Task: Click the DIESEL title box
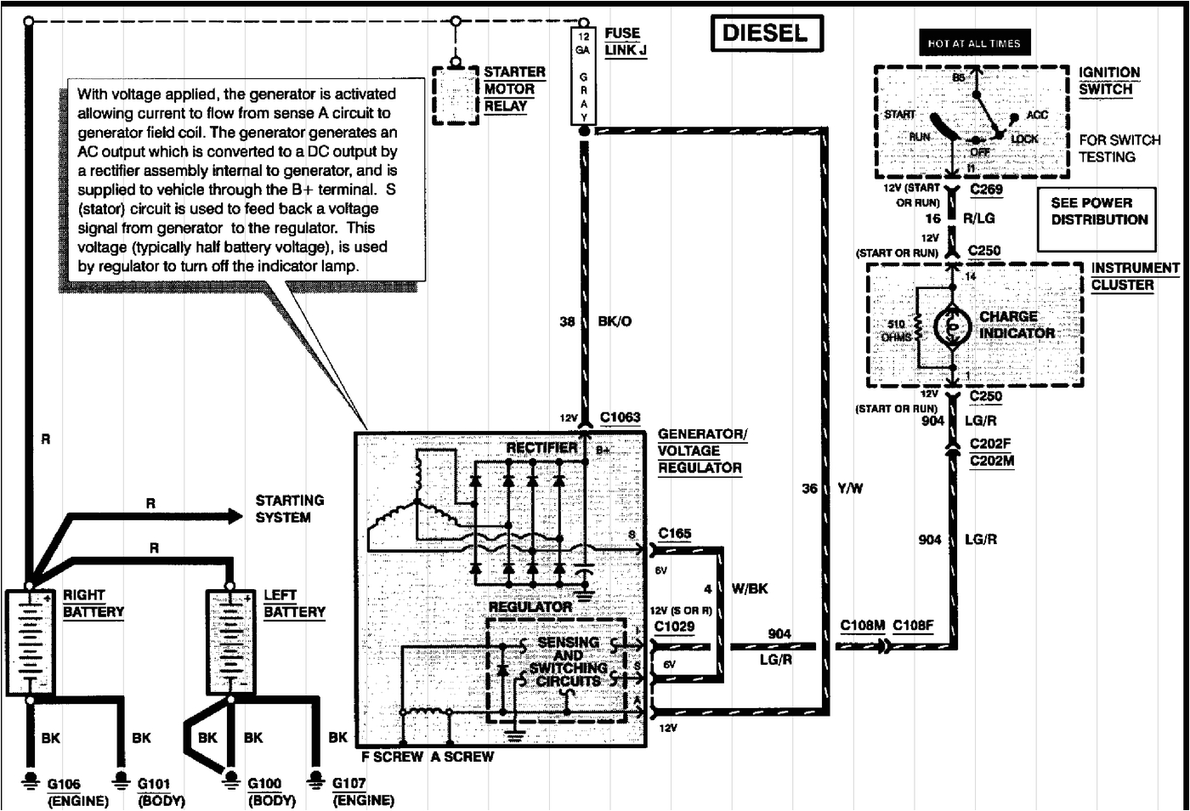(x=765, y=34)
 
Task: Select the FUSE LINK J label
(x=625, y=42)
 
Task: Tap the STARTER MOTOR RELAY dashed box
(x=456, y=95)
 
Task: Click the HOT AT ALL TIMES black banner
(x=973, y=43)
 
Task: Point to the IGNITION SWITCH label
(x=1108, y=81)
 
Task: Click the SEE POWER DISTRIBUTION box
(x=1097, y=212)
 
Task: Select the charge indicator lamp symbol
(x=952, y=327)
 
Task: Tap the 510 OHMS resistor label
(x=897, y=331)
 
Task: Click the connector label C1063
(x=620, y=417)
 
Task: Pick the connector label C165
(x=674, y=534)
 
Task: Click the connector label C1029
(x=674, y=627)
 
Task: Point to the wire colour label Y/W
(x=850, y=489)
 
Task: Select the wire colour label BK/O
(x=615, y=322)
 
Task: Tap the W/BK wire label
(x=749, y=589)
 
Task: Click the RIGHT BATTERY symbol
(x=30, y=642)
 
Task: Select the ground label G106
(x=64, y=784)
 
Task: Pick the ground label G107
(x=348, y=784)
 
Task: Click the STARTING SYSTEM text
(x=289, y=509)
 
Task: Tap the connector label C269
(x=986, y=190)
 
